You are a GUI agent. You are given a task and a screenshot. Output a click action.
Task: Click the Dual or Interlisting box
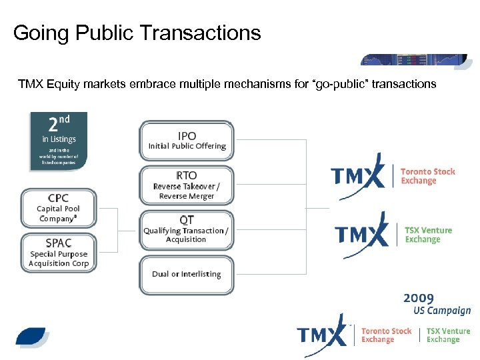click(x=187, y=274)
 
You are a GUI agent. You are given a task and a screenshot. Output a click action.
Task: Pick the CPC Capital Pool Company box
click(x=59, y=208)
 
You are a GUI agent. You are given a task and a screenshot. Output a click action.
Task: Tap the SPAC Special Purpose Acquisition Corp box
click(x=59, y=253)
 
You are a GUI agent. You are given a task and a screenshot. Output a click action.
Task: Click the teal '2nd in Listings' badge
click(x=59, y=141)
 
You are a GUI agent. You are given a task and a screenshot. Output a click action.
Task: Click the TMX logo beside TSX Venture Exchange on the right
click(x=361, y=234)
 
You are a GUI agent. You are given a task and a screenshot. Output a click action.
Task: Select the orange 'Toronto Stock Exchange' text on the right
click(x=427, y=176)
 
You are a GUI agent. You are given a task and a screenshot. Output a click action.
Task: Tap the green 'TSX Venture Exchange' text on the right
click(x=428, y=235)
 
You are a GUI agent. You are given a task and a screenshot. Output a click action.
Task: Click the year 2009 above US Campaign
click(x=418, y=298)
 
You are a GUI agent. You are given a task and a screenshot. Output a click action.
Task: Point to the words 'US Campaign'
click(x=437, y=311)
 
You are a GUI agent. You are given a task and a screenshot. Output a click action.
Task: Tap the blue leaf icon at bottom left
click(x=33, y=337)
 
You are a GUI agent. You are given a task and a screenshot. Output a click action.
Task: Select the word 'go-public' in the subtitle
click(x=353, y=84)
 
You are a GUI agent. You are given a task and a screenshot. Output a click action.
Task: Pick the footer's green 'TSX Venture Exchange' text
click(x=448, y=335)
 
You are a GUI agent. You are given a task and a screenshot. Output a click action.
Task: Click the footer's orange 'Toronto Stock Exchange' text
click(x=386, y=335)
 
